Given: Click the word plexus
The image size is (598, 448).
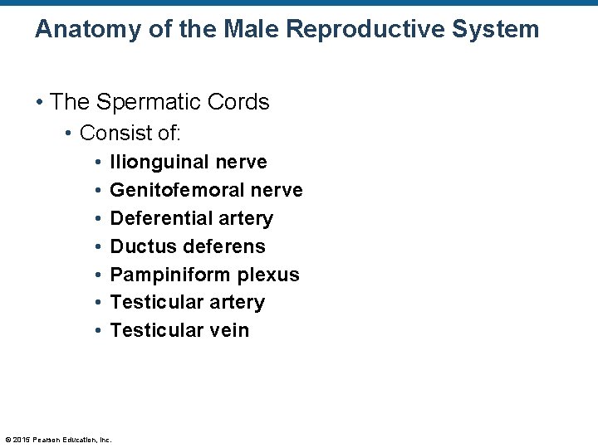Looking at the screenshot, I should coord(269,275).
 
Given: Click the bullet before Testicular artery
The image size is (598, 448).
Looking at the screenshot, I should coord(98,303).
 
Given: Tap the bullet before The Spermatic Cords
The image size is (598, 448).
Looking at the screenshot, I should coord(39,103).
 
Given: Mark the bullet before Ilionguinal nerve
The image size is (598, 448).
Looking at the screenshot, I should coord(98,163).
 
